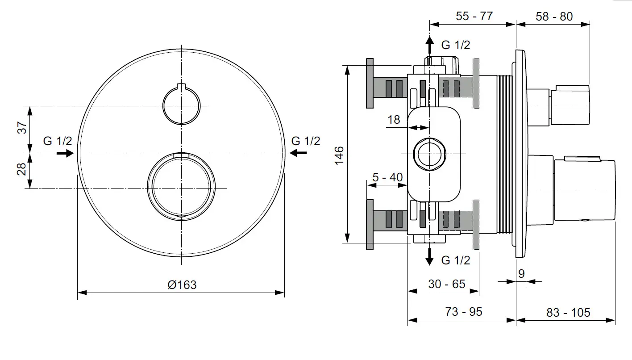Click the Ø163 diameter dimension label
tap(182, 285)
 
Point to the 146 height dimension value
tap(340, 155)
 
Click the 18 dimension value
tap(394, 120)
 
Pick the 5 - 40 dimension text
tap(387, 177)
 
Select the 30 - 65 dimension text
tap(447, 284)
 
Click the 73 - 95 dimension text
tap(464, 312)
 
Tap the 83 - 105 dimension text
tap(568, 312)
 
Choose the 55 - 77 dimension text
tap(474, 16)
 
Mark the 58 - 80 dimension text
tap(554, 17)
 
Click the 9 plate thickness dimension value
tap(521, 274)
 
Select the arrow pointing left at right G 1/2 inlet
tap(298, 153)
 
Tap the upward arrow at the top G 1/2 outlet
tap(429, 45)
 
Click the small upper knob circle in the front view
tap(181, 105)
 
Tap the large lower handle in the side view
tap(584, 189)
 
